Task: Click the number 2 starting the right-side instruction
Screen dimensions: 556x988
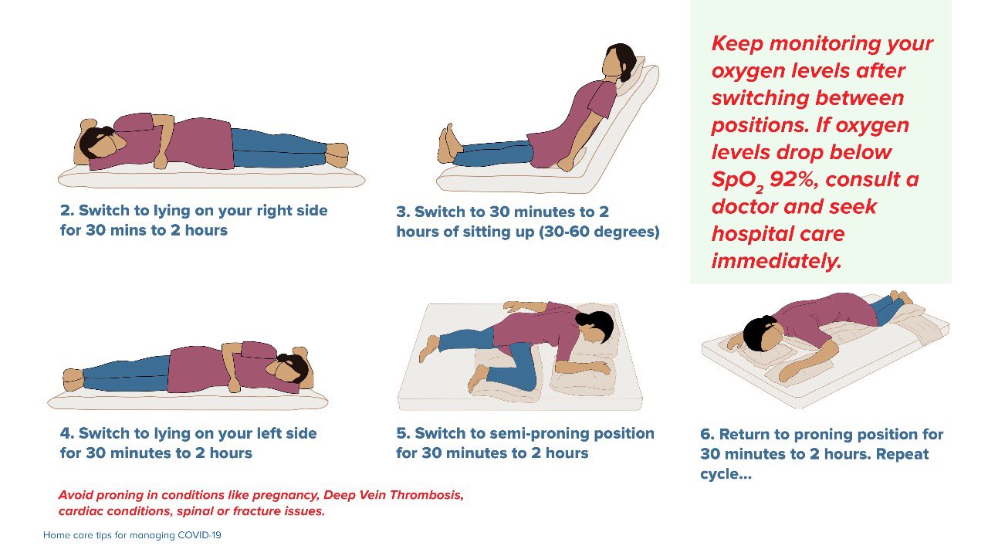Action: (65, 211)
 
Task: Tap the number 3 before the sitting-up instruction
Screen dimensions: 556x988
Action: (401, 212)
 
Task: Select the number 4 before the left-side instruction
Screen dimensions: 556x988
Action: (65, 434)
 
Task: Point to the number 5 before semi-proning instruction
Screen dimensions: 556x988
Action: (401, 434)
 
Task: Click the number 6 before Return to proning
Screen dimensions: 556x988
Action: (705, 435)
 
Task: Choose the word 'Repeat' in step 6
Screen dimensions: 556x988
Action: (902, 454)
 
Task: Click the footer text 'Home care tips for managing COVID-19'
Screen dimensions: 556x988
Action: (132, 535)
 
